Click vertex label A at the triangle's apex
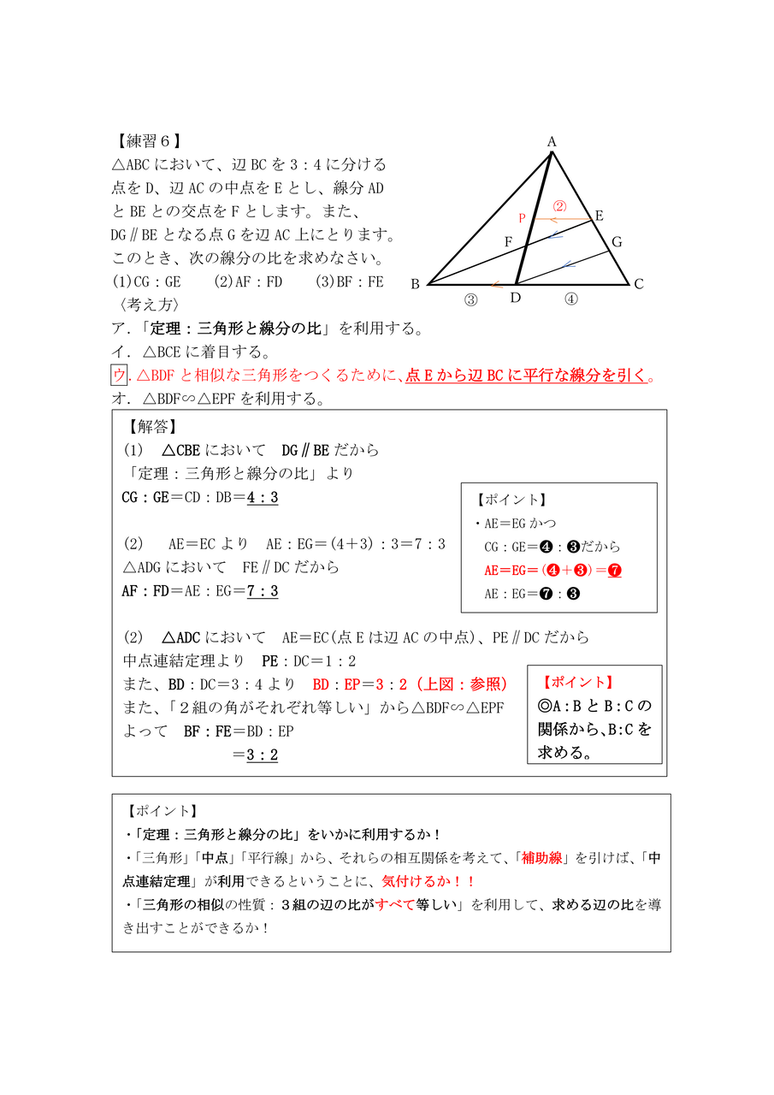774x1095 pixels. [552, 142]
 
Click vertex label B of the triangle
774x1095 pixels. [415, 285]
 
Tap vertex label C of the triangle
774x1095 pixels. [638, 285]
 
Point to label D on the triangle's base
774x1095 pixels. [515, 297]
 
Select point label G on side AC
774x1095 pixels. [616, 242]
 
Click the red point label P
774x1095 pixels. [522, 219]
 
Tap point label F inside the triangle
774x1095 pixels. [508, 242]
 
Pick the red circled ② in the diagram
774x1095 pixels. [559, 206]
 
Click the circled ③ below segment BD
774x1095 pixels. [470, 299]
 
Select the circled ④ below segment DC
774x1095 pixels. [570, 299]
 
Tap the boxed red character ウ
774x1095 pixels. [119, 375]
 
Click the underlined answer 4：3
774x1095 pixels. [263, 497]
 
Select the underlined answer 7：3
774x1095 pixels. [263, 590]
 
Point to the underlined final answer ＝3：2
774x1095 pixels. [256, 755]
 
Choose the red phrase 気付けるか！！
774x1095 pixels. [428, 881]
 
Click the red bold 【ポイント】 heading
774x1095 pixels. [578, 683]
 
